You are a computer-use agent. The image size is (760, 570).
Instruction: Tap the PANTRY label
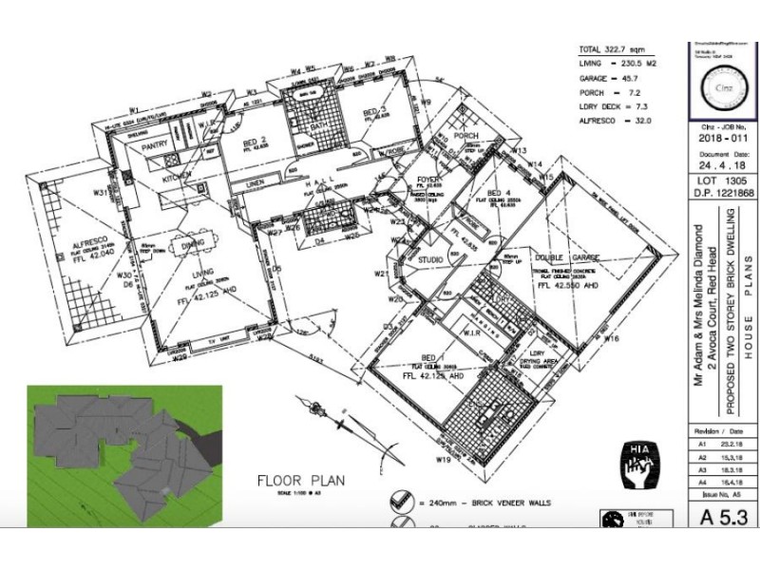154,149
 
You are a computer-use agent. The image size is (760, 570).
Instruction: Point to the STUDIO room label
432,259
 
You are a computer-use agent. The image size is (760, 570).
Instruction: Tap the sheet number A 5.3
719,517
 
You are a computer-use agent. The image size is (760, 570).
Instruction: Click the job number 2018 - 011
719,137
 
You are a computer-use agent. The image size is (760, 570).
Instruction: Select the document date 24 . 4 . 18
719,162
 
